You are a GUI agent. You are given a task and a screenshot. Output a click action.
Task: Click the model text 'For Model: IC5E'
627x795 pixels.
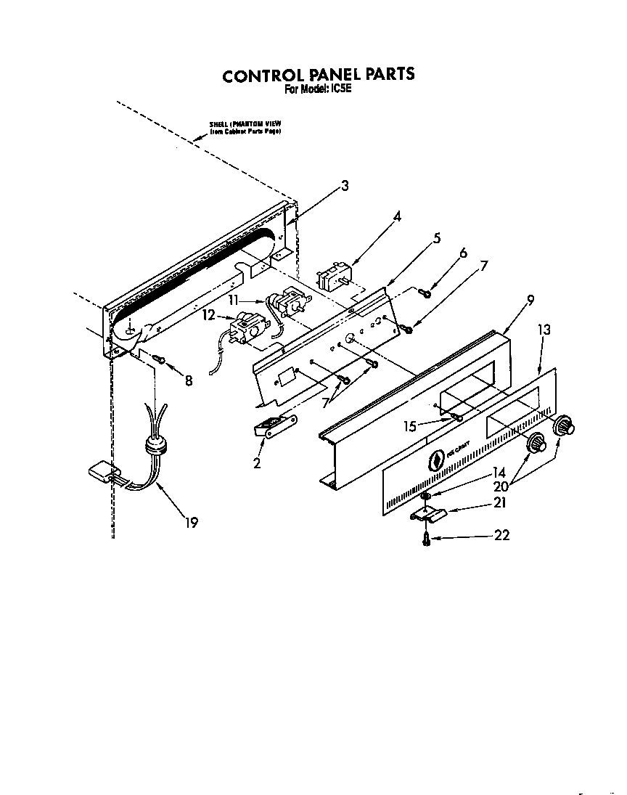[x=317, y=89]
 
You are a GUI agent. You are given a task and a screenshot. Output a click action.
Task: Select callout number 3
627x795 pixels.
[x=345, y=186]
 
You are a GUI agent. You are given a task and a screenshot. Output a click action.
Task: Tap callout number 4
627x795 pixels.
[x=398, y=216]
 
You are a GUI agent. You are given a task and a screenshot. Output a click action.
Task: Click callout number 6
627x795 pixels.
[x=463, y=253]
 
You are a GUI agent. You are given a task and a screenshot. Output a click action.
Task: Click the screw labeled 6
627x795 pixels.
[x=426, y=293]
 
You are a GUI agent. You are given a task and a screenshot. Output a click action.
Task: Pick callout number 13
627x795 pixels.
[x=544, y=330]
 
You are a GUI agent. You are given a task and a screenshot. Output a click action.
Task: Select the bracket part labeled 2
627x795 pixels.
[x=274, y=428]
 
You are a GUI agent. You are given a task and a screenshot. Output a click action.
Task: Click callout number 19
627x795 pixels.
[x=191, y=521]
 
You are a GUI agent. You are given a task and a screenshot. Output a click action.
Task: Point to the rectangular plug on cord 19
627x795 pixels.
[x=101, y=473]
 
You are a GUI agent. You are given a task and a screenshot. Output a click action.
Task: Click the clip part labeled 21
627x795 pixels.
[x=427, y=514]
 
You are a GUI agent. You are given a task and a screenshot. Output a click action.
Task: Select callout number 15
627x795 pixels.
[x=411, y=425]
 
